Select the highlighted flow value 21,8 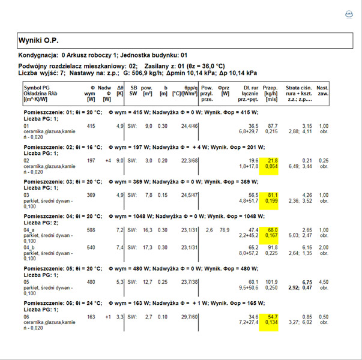(272, 161)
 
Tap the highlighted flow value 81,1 (272, 195)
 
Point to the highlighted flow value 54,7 (272, 316)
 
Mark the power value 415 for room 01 (91, 126)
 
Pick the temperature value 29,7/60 (182, 316)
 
